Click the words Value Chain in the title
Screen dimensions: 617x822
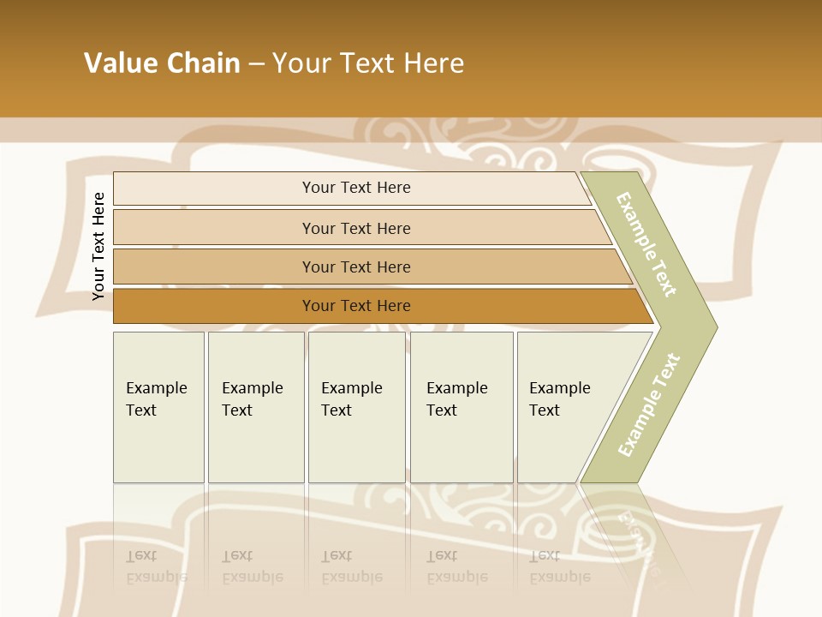162,63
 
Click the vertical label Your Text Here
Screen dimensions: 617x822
98,246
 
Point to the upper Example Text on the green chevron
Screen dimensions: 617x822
646,244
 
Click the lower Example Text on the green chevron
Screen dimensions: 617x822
649,405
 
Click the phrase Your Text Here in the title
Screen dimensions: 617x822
368,63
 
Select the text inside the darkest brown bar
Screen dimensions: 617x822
356,306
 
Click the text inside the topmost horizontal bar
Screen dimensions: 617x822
356,188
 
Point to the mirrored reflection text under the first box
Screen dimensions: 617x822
156,566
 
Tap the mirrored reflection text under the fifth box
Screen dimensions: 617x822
559,566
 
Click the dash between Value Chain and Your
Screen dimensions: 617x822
256,63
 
